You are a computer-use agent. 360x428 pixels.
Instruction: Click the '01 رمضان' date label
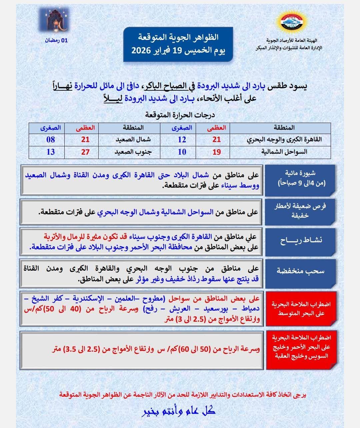point(57,40)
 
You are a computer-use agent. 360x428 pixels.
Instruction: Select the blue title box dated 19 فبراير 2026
point(178,44)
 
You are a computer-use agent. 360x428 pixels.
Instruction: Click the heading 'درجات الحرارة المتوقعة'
point(180,115)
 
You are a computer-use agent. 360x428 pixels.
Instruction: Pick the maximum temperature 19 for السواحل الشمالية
point(217,152)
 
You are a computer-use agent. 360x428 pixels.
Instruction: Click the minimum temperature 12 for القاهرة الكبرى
point(182,139)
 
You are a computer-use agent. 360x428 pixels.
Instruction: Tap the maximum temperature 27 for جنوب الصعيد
point(85,152)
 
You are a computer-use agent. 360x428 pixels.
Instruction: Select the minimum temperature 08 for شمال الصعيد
point(51,139)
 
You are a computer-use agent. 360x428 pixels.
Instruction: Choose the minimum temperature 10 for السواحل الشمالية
point(182,152)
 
